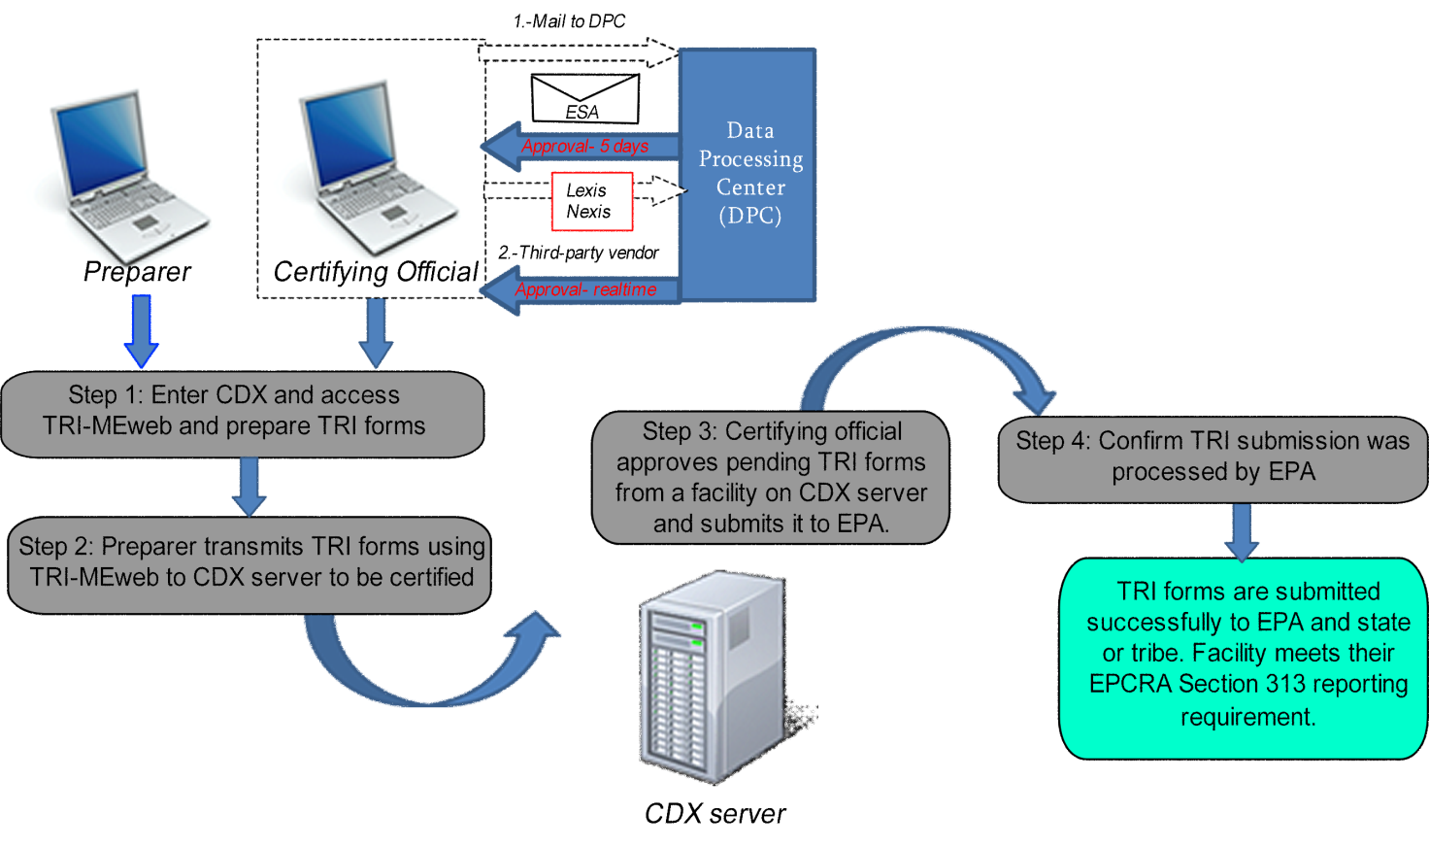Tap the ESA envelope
585,99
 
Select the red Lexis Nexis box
591,201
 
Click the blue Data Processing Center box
748,175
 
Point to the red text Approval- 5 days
584,147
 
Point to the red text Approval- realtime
585,289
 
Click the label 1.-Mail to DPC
569,21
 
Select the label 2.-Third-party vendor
579,253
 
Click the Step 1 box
242,413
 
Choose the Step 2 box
249,563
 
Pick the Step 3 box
770,477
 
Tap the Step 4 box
1212,457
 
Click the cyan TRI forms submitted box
1245,657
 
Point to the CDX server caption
714,814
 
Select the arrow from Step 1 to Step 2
249,485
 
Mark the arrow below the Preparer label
142,330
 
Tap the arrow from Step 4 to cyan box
1243,530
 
